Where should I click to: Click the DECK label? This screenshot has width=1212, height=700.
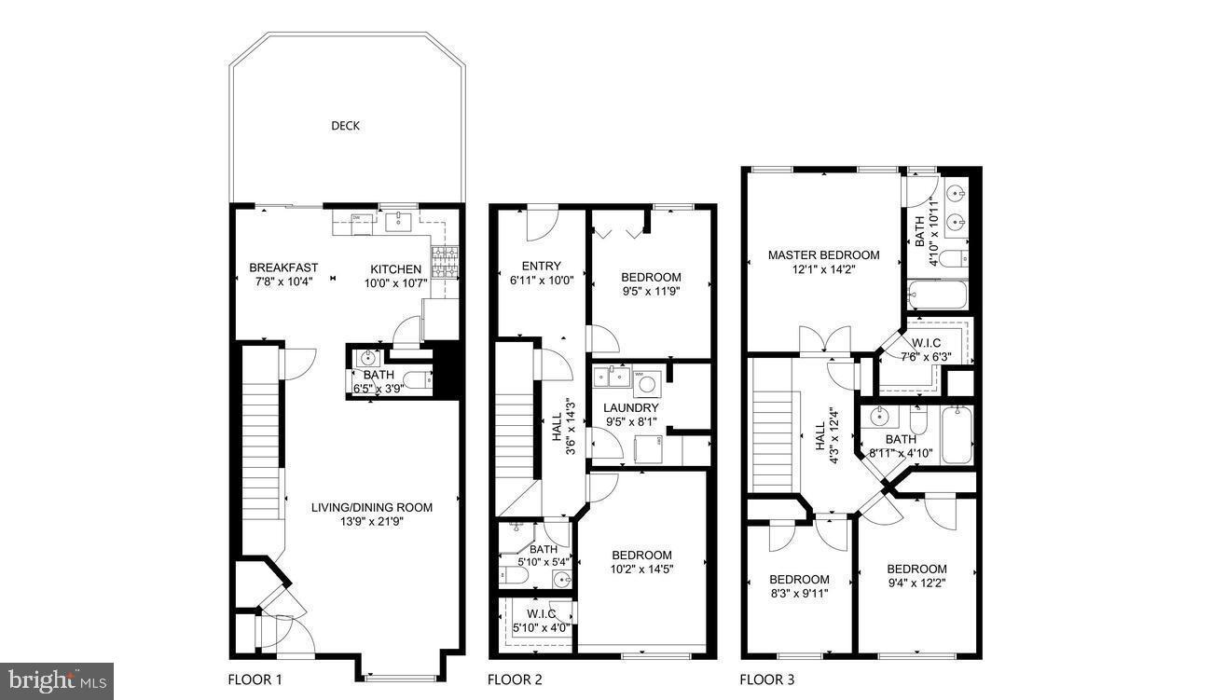[345, 126]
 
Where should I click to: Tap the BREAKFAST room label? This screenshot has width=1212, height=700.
[283, 268]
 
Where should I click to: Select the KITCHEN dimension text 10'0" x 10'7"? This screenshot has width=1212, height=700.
[394, 283]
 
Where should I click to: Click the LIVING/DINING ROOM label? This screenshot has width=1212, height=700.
[372, 507]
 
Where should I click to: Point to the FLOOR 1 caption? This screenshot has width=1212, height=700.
[255, 679]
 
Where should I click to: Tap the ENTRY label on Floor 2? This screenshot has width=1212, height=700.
[541, 266]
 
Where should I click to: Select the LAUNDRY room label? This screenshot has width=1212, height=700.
[630, 407]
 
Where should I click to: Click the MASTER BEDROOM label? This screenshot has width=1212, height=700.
[823, 254]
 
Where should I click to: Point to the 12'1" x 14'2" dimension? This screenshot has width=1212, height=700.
[823, 269]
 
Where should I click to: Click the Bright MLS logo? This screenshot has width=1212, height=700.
[56, 680]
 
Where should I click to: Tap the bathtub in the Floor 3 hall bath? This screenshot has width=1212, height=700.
[957, 434]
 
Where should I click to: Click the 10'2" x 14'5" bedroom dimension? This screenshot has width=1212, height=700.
[641, 570]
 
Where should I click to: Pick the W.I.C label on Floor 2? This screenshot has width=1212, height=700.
[541, 613]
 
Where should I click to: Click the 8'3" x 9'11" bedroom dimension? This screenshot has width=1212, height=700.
[798, 593]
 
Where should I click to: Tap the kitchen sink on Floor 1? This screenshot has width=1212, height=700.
[404, 221]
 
